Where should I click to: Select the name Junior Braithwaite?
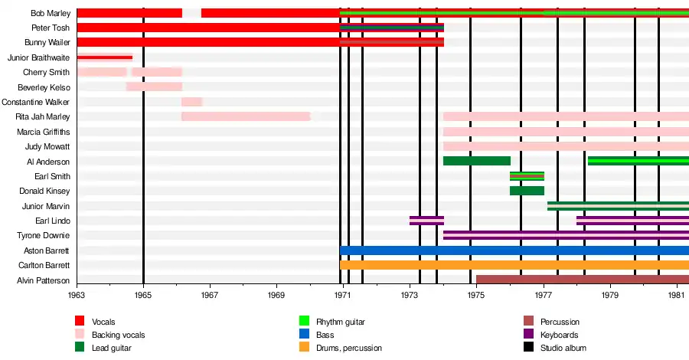[38, 57]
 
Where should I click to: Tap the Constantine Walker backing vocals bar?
[191, 102]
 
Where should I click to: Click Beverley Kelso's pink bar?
[154, 87]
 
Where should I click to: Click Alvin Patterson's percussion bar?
[582, 280]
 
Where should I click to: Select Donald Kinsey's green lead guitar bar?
[527, 191]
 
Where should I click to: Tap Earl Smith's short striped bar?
[527, 176]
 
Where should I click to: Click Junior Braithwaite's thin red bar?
[105, 57]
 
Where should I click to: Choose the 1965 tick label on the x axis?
[143, 295]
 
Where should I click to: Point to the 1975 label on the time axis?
[476, 295]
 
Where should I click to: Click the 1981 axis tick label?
[677, 295]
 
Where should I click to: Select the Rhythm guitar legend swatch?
[304, 322]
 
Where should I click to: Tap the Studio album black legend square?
[528, 348]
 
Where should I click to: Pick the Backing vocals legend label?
[118, 335]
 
